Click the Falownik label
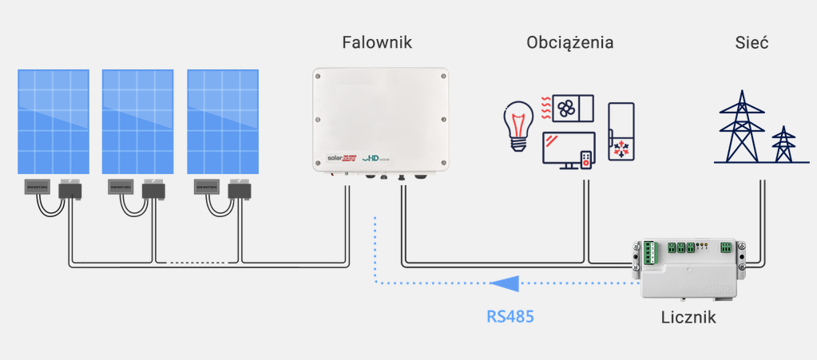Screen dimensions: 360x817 point(377,42)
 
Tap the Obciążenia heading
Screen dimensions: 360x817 point(570,42)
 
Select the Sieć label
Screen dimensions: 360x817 point(752,42)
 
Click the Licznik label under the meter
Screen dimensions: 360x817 point(688,317)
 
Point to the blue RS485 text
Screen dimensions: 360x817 point(510,316)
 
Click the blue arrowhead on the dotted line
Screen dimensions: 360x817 point(505,283)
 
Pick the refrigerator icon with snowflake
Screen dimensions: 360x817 point(621,131)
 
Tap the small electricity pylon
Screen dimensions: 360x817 point(784,144)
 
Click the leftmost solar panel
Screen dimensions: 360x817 point(54,121)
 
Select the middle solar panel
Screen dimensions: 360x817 point(138,121)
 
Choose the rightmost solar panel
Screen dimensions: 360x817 point(223,121)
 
